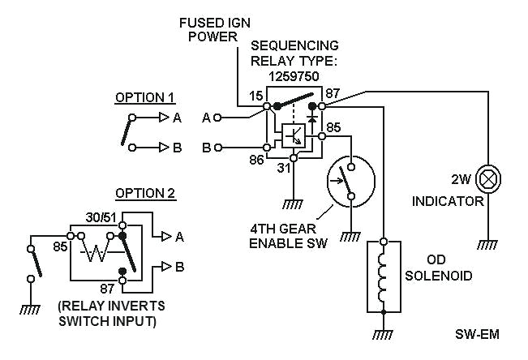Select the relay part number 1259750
coord(293,74)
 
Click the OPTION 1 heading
coord(145,98)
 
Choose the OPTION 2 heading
coord(145,193)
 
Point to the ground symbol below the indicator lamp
coord(487,242)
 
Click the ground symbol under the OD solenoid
coord(383,332)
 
